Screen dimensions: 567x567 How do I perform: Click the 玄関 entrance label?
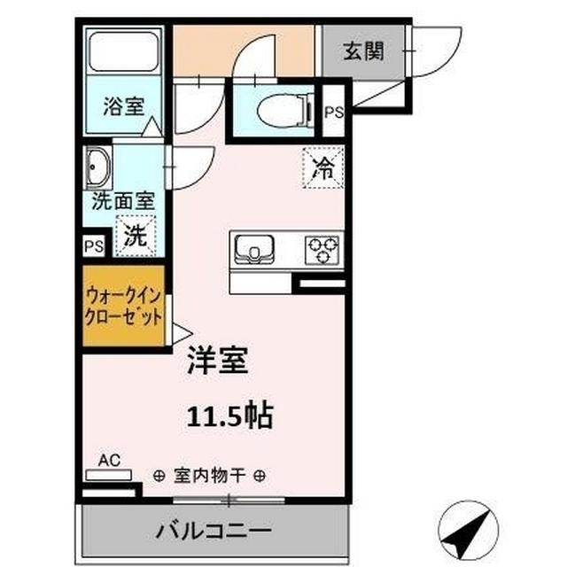click(364, 50)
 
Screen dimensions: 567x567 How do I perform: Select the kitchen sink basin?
click(256, 250)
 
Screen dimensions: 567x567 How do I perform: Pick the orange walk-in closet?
click(124, 305)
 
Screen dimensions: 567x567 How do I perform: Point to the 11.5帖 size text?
click(229, 414)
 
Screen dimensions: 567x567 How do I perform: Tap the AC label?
click(110, 460)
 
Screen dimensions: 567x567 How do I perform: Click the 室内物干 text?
click(210, 475)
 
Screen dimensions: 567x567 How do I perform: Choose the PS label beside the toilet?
click(335, 113)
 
